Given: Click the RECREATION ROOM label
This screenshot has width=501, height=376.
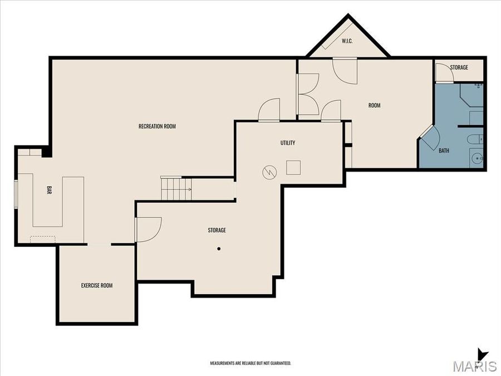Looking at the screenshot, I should pos(157,126).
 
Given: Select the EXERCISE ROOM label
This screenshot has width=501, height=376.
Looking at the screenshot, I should pos(97,286).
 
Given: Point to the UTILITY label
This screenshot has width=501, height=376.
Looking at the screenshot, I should pos(288,143).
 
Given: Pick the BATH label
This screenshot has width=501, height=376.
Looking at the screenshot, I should pos(444,150).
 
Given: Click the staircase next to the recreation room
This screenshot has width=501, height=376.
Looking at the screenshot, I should pos(176,189).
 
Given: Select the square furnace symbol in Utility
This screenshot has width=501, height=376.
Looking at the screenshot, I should pos(293,167).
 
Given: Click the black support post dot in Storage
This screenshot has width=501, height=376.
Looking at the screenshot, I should pos(219,248).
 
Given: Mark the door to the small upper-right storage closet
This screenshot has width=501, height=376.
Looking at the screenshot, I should pos(443,72).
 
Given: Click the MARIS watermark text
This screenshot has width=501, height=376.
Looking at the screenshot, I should pos(474,367).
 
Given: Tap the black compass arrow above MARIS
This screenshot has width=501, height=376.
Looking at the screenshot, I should pos(483,354).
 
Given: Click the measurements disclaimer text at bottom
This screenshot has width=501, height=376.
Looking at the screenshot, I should pos(250,363).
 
